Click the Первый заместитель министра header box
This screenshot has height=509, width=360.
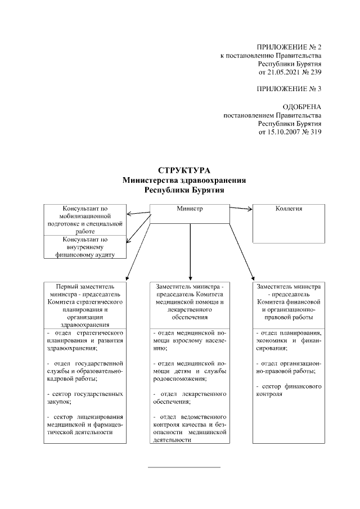85,304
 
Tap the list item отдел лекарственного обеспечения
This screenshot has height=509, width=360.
191,397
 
